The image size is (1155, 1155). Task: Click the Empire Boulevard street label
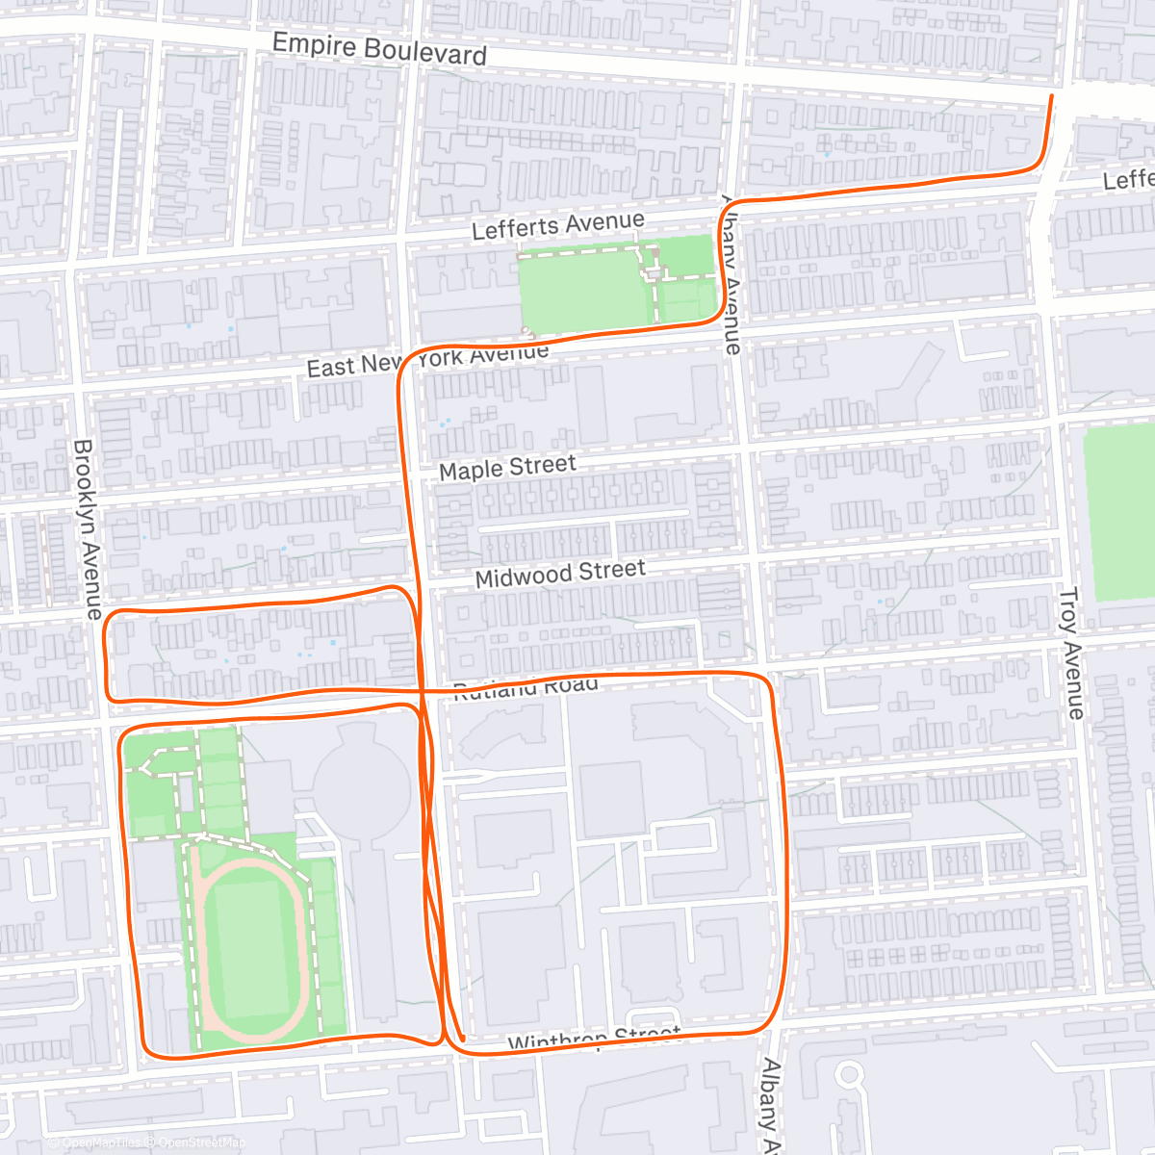click(379, 48)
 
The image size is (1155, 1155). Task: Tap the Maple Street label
click(507, 468)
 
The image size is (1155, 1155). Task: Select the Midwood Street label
click(560, 574)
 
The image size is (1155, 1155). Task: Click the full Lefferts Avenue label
click(557, 226)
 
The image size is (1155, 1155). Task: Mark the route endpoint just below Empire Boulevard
click(1050, 96)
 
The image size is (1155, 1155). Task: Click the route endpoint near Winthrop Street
click(463, 1039)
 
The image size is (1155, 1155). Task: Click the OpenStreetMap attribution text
click(202, 1142)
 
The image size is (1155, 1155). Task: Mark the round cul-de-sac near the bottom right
click(848, 1074)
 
